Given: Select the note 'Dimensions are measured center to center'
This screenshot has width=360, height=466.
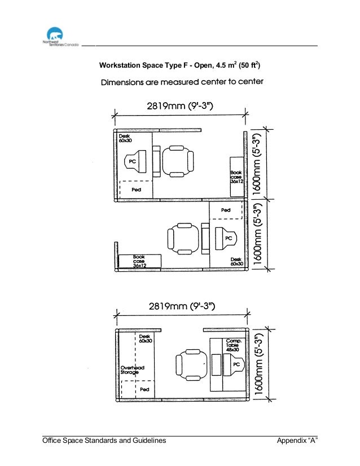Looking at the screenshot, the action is tap(182, 82).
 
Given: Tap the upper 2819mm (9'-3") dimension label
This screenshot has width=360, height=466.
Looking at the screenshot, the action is tap(180, 104).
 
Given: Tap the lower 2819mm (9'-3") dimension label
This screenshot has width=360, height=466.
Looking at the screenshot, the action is tap(181, 307).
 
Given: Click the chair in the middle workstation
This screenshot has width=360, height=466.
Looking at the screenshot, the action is tap(183, 238).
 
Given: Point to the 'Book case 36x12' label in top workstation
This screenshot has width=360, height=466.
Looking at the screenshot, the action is tap(236, 177).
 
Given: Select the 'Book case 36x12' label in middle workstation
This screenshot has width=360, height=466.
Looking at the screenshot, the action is tap(139, 261).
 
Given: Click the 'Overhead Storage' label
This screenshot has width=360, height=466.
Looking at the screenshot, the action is tap(133, 370).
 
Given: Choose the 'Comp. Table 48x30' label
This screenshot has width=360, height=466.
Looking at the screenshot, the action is tap(234, 345).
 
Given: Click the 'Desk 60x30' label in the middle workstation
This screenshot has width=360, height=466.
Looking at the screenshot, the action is tap(236, 262).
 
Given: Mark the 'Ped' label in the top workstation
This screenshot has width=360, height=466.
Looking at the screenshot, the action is tap(136, 190).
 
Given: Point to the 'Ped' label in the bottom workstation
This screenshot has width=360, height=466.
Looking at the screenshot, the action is tap(144, 389).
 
